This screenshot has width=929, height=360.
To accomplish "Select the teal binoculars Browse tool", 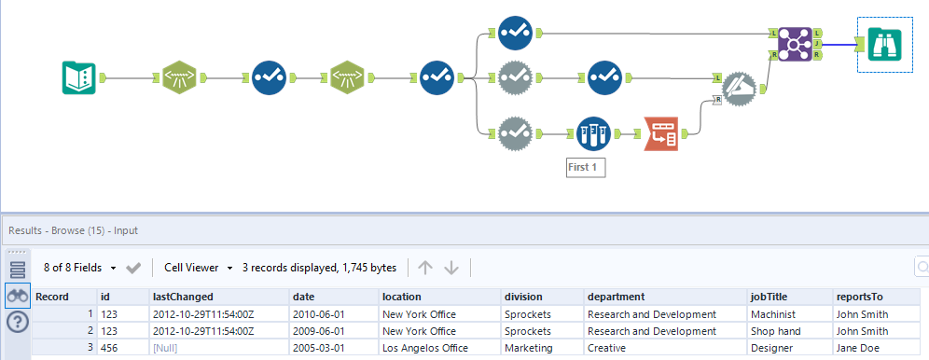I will [882, 43].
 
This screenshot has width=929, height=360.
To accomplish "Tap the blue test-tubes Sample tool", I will [592, 134].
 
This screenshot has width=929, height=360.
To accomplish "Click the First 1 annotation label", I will [587, 169].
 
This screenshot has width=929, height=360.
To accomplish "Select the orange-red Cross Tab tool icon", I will [662, 134].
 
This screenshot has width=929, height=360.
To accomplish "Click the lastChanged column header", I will [176, 297].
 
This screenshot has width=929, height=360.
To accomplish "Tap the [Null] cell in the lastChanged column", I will [165, 347].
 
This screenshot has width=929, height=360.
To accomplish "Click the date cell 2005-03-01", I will [317, 347].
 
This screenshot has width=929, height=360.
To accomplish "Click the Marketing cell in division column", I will [530, 347].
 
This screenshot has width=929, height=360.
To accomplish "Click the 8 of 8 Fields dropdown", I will [80, 268].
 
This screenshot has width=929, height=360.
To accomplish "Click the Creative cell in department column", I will [611, 347].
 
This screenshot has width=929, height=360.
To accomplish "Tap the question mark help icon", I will [18, 322].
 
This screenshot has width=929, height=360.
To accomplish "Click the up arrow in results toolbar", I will [425, 268].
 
